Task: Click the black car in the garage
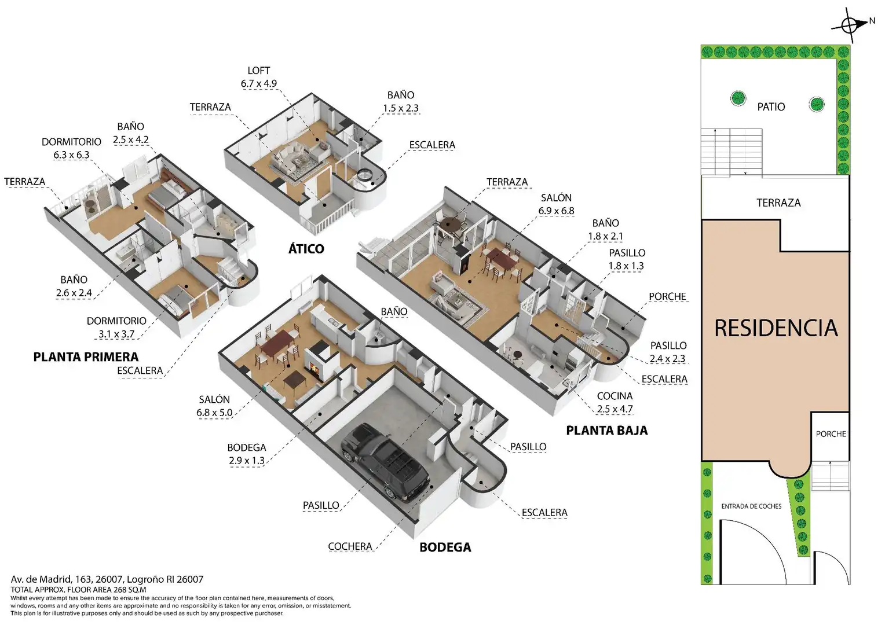385,462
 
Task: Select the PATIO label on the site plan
771,107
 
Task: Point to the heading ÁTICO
306,248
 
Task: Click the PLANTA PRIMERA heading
86,357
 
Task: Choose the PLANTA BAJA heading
607,431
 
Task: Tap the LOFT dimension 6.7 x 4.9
259,84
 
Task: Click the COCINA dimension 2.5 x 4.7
615,409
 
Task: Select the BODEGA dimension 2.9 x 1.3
247,461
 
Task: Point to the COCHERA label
350,546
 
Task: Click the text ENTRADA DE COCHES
751,506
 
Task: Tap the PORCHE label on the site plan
831,434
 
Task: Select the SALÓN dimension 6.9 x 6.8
556,211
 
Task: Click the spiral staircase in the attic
364,175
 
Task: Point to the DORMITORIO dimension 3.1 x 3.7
116,334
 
